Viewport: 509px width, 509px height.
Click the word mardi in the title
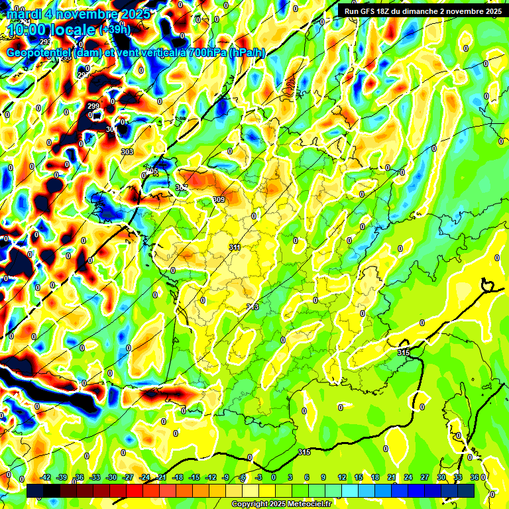click(25, 14)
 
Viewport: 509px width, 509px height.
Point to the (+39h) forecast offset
click(115, 30)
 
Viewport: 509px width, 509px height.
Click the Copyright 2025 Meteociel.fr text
click(281, 504)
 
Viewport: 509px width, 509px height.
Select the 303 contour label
click(127, 152)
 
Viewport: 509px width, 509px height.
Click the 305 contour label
click(152, 171)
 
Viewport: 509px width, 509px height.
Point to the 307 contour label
click(182, 188)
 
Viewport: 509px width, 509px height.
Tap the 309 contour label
click(219, 199)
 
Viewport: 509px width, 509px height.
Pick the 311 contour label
click(235, 247)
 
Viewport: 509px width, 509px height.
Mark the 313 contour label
click(253, 307)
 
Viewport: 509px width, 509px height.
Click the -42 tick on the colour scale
click(46, 477)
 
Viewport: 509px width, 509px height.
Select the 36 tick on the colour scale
click(475, 477)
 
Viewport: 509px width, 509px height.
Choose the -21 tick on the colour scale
click(160, 477)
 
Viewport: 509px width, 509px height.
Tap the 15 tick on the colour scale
click(359, 477)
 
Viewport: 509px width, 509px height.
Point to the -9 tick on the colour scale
click(225, 477)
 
